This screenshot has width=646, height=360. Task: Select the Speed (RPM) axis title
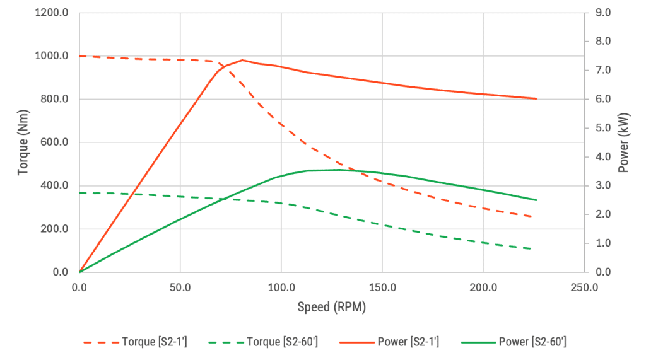(331, 307)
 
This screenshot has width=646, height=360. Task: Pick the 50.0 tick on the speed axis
(180, 287)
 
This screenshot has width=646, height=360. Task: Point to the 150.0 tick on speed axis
(382, 287)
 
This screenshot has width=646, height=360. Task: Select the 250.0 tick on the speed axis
(584, 287)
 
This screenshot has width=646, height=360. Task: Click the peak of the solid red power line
(242, 60)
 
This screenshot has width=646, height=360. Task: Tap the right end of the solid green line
(536, 200)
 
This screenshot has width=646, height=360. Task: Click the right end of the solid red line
(536, 98)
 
